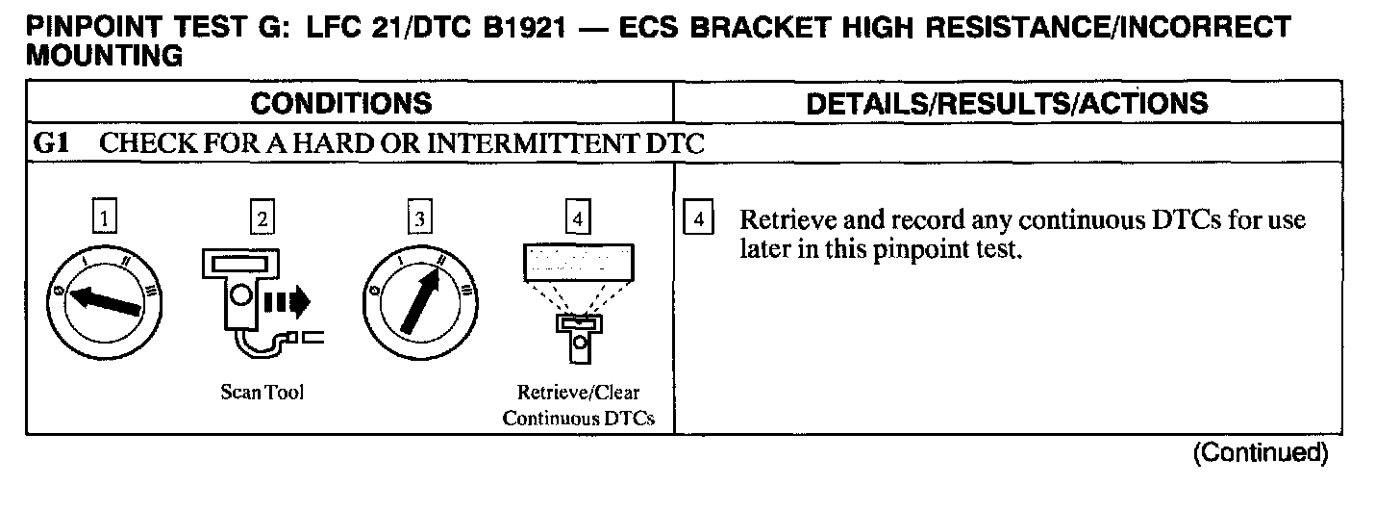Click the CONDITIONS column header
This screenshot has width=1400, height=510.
coord(341,104)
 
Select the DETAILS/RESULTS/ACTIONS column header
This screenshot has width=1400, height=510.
coord(1006,104)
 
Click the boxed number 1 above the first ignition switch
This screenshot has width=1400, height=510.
coord(104,219)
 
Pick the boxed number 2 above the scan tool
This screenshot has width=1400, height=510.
coord(260,219)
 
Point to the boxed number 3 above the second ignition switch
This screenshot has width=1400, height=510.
coord(418,219)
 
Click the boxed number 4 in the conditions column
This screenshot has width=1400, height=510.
coord(577,219)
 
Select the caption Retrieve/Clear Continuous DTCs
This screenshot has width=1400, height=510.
coord(579,405)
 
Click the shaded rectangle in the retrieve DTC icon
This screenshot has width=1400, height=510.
coord(579,261)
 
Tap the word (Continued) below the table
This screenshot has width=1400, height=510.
coord(1260,453)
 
